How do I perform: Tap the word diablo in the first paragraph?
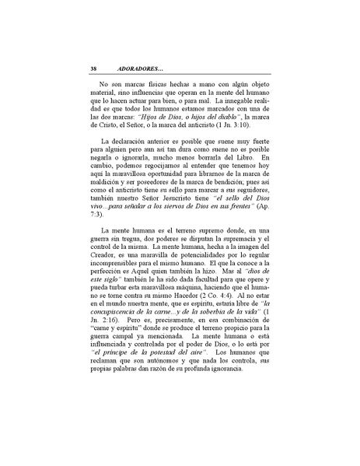[x=205, y=115]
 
